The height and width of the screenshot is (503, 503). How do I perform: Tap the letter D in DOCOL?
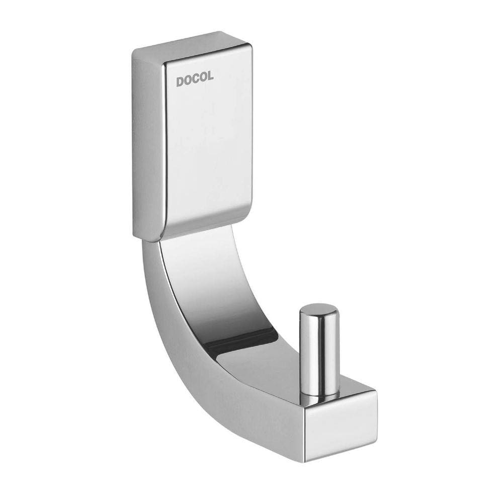(x=179, y=81)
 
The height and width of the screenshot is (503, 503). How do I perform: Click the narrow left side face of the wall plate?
(x=147, y=146)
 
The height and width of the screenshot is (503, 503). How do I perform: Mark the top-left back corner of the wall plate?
(x=134, y=50)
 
